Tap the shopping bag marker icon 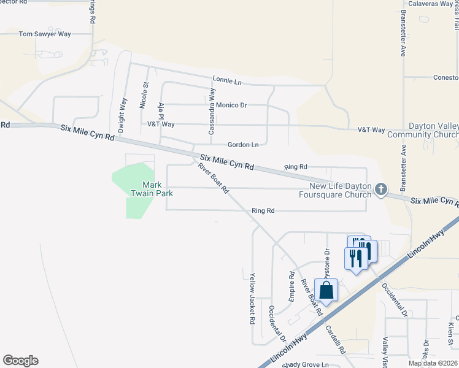point(326,290)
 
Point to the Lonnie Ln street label point(227,80)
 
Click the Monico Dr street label point(231,105)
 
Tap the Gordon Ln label point(243,145)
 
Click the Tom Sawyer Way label point(45,34)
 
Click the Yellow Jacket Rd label point(252,299)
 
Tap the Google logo point(20,361)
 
